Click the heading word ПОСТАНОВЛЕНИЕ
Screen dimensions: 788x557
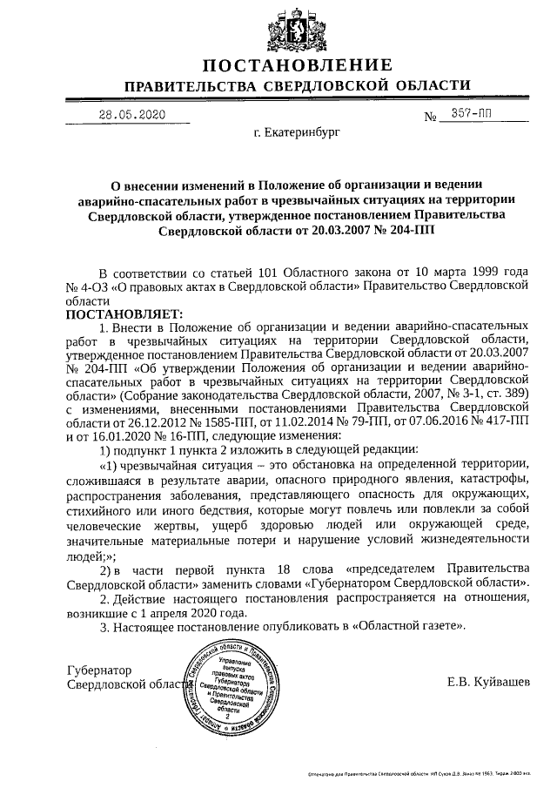coord(298,64)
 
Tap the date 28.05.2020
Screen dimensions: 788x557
coord(131,115)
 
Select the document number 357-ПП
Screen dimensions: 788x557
coord(473,115)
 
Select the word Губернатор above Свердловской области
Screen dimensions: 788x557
coord(98,671)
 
